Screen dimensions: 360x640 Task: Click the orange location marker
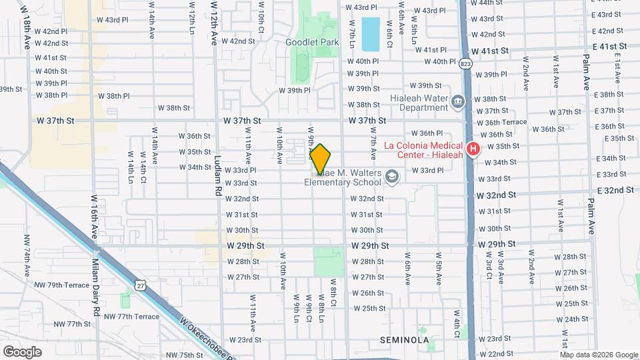pyautogui.click(x=321, y=160)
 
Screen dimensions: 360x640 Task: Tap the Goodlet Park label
pyautogui.click(x=308, y=41)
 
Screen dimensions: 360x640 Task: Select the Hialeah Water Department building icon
pyautogui.click(x=457, y=102)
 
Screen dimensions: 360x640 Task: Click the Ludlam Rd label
pyautogui.click(x=218, y=179)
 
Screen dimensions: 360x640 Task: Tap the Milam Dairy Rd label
pyautogui.click(x=96, y=287)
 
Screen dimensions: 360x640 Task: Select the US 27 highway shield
pyautogui.click(x=139, y=285)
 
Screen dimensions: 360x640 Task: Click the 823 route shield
pyautogui.click(x=465, y=64)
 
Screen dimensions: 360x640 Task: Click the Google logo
pyautogui.click(x=23, y=351)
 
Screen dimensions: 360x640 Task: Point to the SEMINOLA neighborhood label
pyautogui.click(x=404, y=340)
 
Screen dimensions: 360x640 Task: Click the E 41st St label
pyautogui.click(x=610, y=47)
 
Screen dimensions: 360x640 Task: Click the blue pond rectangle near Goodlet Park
pyautogui.click(x=369, y=34)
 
